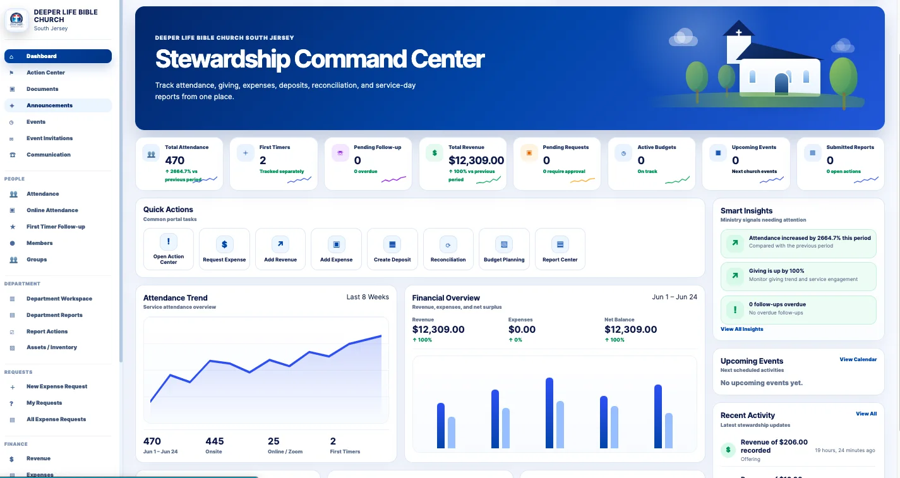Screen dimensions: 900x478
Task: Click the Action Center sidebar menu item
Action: [x=45, y=73]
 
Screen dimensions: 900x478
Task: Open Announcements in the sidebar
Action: [x=49, y=105]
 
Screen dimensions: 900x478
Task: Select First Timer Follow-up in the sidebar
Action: [x=56, y=227]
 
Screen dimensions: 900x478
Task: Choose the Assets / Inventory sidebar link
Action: [x=51, y=347]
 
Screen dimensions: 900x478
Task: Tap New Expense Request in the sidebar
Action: [x=57, y=386]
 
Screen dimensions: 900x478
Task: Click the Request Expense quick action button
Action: [x=224, y=249]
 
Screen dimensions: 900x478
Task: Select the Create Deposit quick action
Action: [x=392, y=249]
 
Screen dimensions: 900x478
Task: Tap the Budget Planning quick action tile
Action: [x=504, y=249]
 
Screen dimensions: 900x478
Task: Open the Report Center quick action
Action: [x=560, y=249]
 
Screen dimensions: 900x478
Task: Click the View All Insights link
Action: [x=741, y=329]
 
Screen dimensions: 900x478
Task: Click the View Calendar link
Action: [x=858, y=359]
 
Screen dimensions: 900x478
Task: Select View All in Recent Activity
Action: [x=867, y=414]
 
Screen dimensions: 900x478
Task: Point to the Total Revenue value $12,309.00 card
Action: [x=476, y=160]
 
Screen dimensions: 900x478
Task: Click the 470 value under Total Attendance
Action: [x=175, y=160]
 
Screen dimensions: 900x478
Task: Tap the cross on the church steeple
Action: [x=738, y=32]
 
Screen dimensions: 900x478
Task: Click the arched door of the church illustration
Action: [x=781, y=83]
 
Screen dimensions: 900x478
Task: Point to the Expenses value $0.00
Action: [x=522, y=330]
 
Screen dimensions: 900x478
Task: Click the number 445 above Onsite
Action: [x=215, y=441]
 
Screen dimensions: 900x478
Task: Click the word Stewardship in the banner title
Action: [x=222, y=59]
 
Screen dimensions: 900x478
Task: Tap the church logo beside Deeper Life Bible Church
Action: [x=16, y=20]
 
